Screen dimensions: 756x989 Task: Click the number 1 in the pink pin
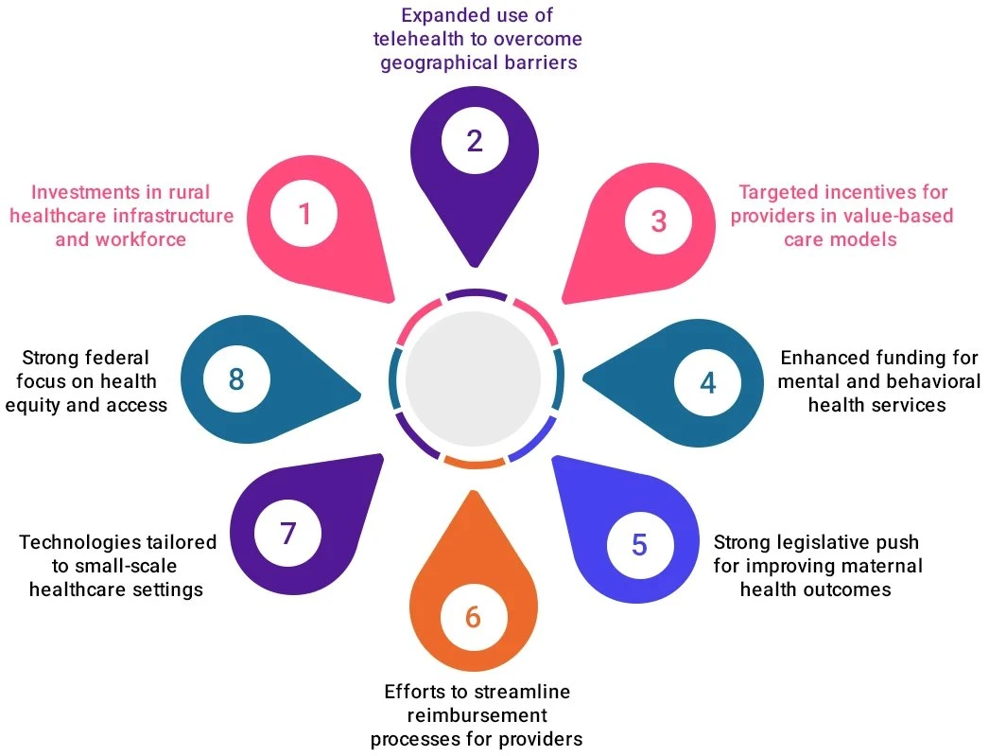pyautogui.click(x=304, y=214)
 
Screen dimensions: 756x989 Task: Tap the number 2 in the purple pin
pyautogui.click(x=475, y=140)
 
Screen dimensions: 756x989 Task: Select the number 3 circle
pyautogui.click(x=659, y=220)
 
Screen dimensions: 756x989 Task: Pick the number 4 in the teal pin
pyautogui.click(x=708, y=381)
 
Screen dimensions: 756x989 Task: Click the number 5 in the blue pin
pyautogui.click(x=640, y=545)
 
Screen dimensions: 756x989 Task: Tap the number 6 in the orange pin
pyautogui.click(x=473, y=618)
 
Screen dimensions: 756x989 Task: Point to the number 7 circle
pyautogui.click(x=288, y=534)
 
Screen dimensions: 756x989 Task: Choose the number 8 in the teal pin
pyautogui.click(x=236, y=379)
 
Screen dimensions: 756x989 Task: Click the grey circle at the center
pyautogui.click(x=473, y=377)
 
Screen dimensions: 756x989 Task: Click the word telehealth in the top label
pyautogui.click(x=428, y=39)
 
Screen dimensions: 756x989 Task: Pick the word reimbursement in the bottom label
pyautogui.click(x=476, y=714)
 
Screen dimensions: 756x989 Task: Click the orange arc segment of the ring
pyautogui.click(x=474, y=463)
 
